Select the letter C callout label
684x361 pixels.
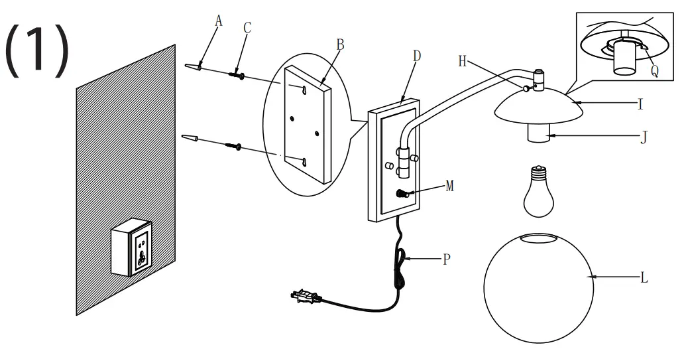(247, 27)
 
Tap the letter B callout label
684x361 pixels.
(339, 44)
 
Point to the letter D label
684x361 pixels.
(416, 55)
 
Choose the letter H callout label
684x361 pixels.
(463, 61)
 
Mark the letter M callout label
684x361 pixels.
(450, 186)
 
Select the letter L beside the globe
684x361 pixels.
(644, 279)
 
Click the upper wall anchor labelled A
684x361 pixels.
(193, 68)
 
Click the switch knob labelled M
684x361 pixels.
(401, 194)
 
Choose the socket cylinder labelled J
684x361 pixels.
(540, 134)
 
